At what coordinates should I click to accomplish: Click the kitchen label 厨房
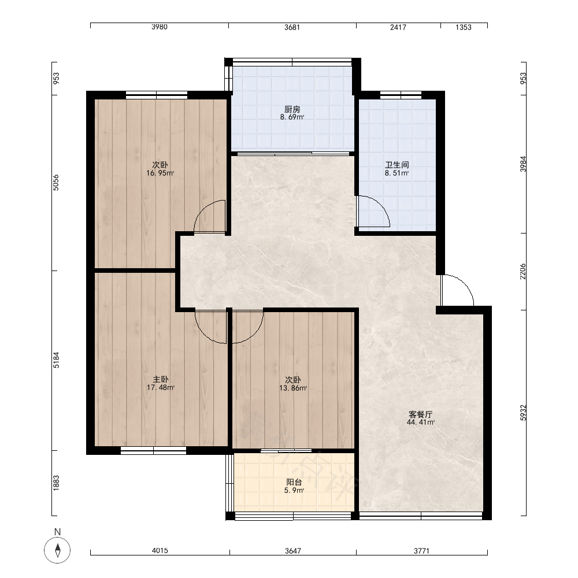292,109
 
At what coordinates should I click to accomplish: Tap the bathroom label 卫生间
397,165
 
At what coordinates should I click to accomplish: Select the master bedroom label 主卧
160,379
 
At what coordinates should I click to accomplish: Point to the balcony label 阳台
294,482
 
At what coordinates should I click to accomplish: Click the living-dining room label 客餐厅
421,414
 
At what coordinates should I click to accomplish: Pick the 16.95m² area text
160,173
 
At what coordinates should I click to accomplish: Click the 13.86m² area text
293,388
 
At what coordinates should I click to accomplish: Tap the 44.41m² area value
421,423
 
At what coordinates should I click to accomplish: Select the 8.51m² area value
397,173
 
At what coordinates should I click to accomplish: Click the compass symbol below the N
57,550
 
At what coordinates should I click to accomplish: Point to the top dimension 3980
160,27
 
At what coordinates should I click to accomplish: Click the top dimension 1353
464,27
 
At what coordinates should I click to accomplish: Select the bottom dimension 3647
293,551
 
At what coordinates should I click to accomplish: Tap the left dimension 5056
55,183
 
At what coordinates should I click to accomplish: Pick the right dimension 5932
524,413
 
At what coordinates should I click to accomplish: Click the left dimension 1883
55,483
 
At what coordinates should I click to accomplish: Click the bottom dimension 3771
421,551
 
